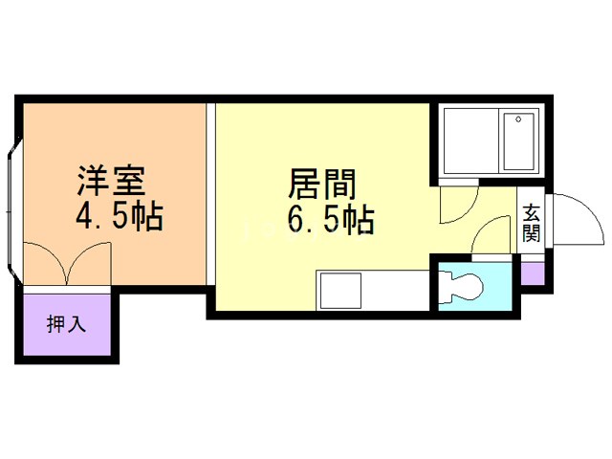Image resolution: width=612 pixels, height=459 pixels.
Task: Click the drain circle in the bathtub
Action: tap(518, 120)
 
